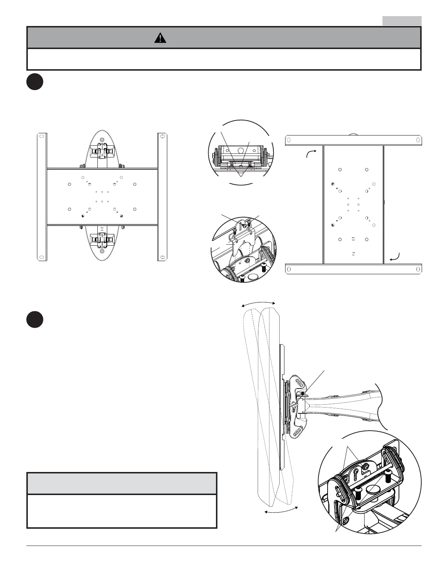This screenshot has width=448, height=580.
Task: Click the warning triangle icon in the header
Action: pos(160,38)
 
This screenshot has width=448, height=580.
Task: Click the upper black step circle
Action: pos(35,82)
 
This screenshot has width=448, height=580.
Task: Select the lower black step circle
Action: pos(35,319)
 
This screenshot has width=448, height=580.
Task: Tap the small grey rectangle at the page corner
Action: pos(402,21)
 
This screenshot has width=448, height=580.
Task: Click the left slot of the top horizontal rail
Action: pos(289,140)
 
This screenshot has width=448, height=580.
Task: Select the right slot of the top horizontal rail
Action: pos(418,140)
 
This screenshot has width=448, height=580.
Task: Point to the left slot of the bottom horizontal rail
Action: pos(289,269)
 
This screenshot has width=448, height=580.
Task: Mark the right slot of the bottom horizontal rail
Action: pos(418,269)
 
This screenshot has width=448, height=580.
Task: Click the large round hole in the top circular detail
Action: pos(241,150)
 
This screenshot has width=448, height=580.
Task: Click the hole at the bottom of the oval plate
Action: pos(102,252)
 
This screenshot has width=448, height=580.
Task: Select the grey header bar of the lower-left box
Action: pos(122,483)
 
